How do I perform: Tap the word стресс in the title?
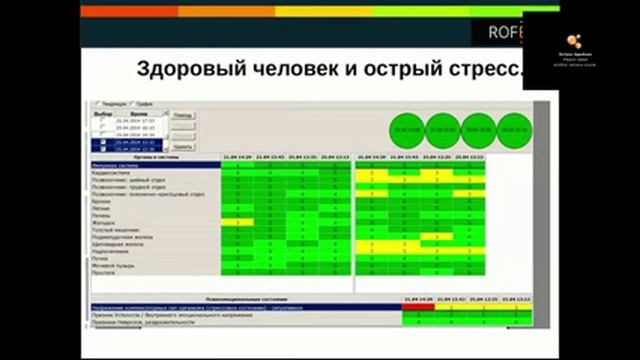[485, 71]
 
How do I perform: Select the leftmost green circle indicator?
[409, 129]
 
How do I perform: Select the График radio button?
[133, 103]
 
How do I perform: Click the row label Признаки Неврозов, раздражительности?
[145, 322]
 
